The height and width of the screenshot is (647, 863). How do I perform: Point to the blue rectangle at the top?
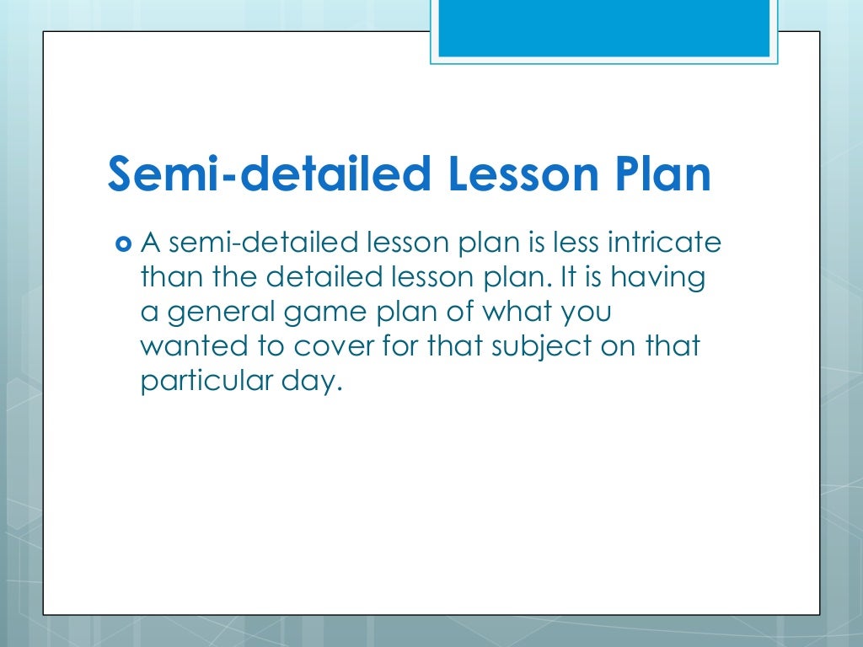603,27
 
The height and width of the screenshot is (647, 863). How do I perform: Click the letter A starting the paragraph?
150,243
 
